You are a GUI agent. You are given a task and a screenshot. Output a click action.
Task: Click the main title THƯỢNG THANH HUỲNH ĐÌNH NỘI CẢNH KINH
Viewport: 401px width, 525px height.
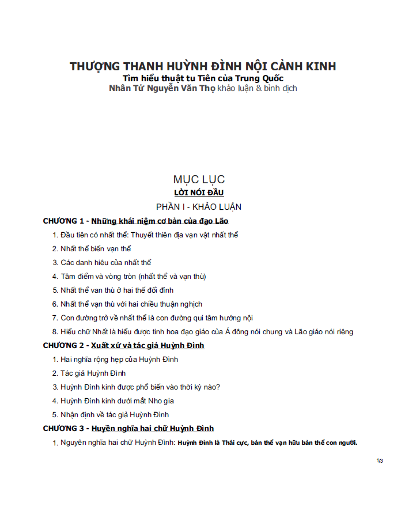click(x=203, y=66)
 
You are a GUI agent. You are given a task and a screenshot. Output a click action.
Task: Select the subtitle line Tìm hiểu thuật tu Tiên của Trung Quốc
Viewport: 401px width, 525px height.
click(x=203, y=78)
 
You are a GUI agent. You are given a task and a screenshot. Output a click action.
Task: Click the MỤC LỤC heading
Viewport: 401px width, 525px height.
click(x=199, y=179)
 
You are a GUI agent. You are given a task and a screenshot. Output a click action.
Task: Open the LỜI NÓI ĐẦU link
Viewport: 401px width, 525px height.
click(x=199, y=192)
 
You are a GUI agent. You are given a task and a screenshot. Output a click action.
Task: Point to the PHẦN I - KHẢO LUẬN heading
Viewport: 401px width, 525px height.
click(x=199, y=206)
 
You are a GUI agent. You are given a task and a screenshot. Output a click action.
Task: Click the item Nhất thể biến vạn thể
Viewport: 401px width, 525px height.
click(x=96, y=249)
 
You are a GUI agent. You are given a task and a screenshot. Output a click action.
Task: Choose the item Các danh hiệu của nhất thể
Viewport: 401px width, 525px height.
click(x=105, y=263)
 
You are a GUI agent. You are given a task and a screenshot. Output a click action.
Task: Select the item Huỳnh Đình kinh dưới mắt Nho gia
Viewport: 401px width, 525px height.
click(x=117, y=401)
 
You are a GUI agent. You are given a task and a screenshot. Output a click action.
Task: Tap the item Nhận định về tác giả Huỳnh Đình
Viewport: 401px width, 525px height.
click(x=115, y=415)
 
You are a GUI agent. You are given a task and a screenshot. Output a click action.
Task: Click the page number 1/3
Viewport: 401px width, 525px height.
click(x=380, y=461)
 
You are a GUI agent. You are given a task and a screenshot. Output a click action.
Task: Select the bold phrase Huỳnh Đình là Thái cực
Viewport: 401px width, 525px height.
click(x=213, y=443)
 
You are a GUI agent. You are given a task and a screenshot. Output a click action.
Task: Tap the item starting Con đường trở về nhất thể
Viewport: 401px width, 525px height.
click(x=157, y=318)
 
